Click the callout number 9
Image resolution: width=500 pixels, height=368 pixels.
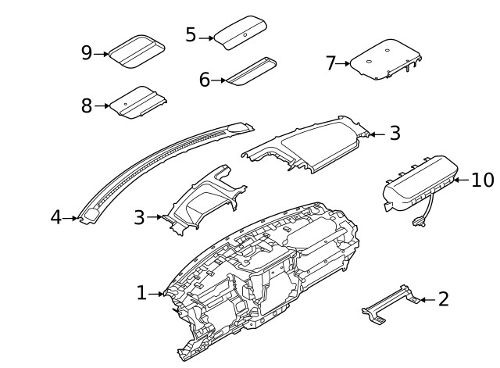(x=87, y=53)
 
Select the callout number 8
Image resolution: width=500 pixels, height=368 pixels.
(x=87, y=105)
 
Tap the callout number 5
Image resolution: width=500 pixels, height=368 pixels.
(x=191, y=35)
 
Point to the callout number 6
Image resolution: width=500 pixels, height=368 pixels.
(x=205, y=79)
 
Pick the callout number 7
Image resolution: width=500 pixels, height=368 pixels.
(x=330, y=63)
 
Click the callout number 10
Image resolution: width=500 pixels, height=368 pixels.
(x=483, y=180)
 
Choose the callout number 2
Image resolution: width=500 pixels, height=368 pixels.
(x=443, y=298)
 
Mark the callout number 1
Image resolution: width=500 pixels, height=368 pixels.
(x=141, y=293)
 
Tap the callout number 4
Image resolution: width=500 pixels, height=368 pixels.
(x=55, y=217)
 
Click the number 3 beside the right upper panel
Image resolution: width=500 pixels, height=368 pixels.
(x=395, y=134)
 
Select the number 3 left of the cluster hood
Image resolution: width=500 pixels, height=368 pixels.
(x=139, y=217)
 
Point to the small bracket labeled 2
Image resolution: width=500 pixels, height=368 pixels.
(x=388, y=303)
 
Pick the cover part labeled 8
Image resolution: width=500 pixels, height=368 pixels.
(x=137, y=102)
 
